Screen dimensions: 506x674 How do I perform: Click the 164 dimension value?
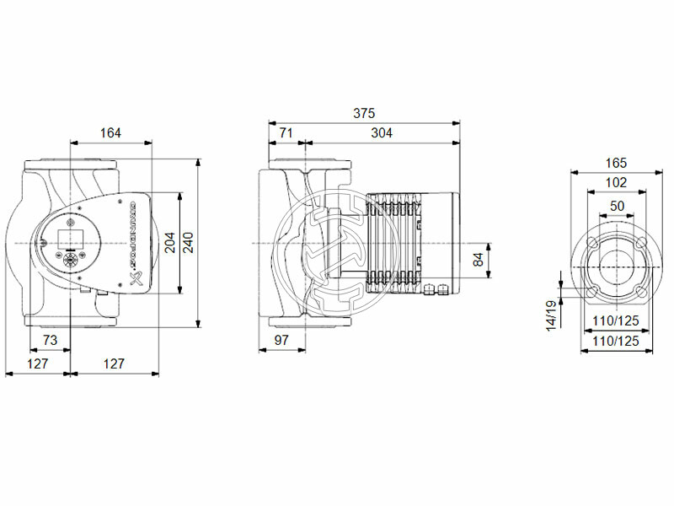(110, 132)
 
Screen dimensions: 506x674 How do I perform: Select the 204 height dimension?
(169, 243)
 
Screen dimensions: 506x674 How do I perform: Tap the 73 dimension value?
(50, 340)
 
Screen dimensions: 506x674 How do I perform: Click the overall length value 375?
(364, 113)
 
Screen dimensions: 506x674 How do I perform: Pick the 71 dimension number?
(286, 132)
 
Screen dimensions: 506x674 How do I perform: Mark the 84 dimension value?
(479, 260)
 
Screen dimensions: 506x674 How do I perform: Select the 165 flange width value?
(617, 163)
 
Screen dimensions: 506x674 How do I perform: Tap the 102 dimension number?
(617, 183)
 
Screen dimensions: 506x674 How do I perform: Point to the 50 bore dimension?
(617, 205)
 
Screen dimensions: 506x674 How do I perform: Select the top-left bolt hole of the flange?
(591, 243)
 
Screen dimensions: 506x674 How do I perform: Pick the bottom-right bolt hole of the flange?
(643, 292)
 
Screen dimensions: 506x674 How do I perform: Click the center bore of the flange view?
(617, 267)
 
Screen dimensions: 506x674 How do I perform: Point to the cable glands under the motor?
(437, 292)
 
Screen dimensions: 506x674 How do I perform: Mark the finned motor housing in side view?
(396, 242)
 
